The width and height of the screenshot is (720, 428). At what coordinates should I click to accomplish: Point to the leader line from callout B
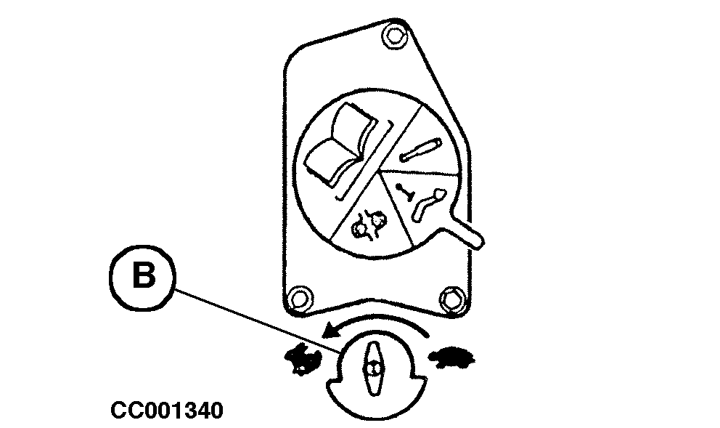click(x=254, y=320)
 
